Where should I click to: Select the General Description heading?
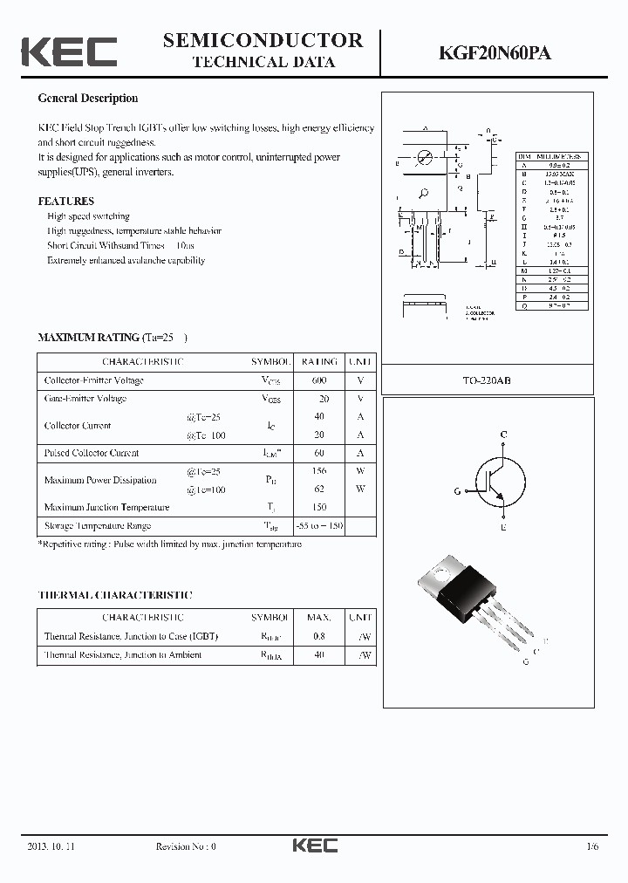click(87, 99)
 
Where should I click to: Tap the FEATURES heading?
click(65, 201)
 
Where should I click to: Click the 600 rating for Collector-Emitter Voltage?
click(319, 380)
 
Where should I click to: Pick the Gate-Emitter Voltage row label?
click(85, 399)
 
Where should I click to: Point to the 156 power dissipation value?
click(319, 471)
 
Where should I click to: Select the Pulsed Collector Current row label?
click(92, 453)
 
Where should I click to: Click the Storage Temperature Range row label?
click(98, 525)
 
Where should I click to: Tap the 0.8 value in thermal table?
click(319, 636)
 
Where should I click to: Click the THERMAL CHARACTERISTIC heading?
click(115, 595)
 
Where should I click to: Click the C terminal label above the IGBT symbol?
click(503, 435)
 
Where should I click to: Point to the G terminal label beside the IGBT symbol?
click(458, 492)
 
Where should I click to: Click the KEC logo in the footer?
click(314, 845)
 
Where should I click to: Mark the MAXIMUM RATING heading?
click(88, 337)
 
